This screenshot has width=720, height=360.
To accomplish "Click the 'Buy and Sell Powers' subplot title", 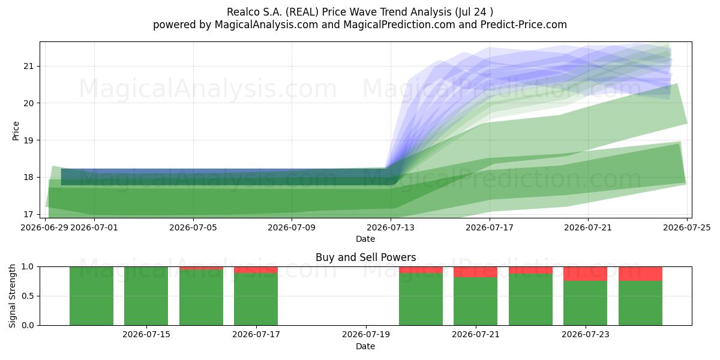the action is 366,257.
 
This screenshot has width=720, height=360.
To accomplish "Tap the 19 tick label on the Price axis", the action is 28,140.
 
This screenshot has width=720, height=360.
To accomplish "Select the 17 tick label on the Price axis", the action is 28,214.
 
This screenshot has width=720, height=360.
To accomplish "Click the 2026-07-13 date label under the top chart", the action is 391,227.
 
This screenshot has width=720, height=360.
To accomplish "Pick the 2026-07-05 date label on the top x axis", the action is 193,227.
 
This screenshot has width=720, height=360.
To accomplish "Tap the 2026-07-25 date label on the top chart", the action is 687,227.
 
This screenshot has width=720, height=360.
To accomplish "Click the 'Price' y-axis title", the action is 16,131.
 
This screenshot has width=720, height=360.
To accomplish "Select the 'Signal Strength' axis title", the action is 12,296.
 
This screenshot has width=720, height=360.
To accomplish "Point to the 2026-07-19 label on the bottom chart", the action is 366,334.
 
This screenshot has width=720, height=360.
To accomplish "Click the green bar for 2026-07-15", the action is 146,296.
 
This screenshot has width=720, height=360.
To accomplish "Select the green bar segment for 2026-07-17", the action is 256,299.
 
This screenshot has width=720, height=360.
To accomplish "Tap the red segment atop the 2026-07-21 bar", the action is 475,272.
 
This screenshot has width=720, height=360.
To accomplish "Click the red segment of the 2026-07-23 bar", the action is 586,274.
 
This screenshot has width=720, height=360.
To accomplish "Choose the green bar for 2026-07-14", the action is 92,296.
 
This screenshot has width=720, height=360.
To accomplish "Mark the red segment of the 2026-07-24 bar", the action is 640,274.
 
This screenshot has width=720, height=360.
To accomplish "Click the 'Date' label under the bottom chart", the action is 365,346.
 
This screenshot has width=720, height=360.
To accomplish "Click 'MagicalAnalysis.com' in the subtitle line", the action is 266,25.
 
